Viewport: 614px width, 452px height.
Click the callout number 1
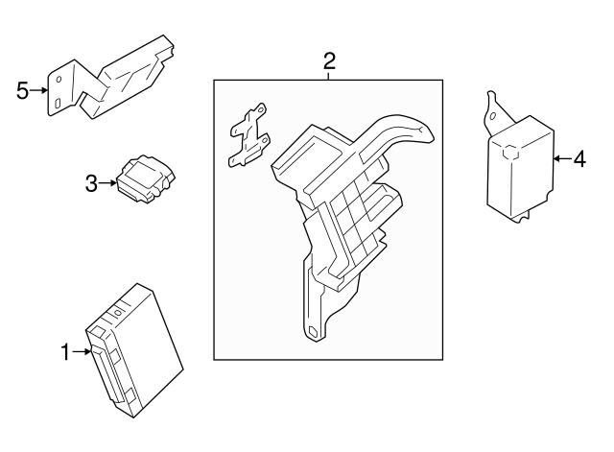(65, 353)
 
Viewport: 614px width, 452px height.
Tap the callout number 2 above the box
(329, 62)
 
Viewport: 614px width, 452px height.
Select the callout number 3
(91, 182)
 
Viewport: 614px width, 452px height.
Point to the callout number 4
(579, 158)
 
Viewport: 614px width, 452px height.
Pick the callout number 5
(24, 91)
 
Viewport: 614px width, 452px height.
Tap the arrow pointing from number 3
(108, 182)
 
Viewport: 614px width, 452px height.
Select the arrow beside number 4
(562, 158)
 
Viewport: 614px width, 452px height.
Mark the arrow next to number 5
(41, 91)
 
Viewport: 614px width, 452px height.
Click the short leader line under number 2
(329, 78)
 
